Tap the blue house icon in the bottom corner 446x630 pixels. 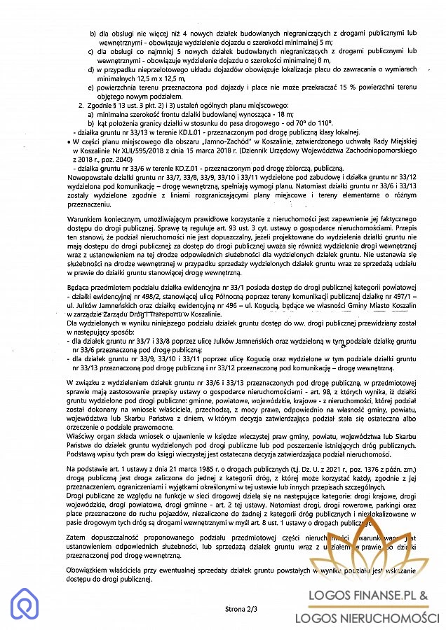(x=25, y=604)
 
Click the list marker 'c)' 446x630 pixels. (x=90, y=51)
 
